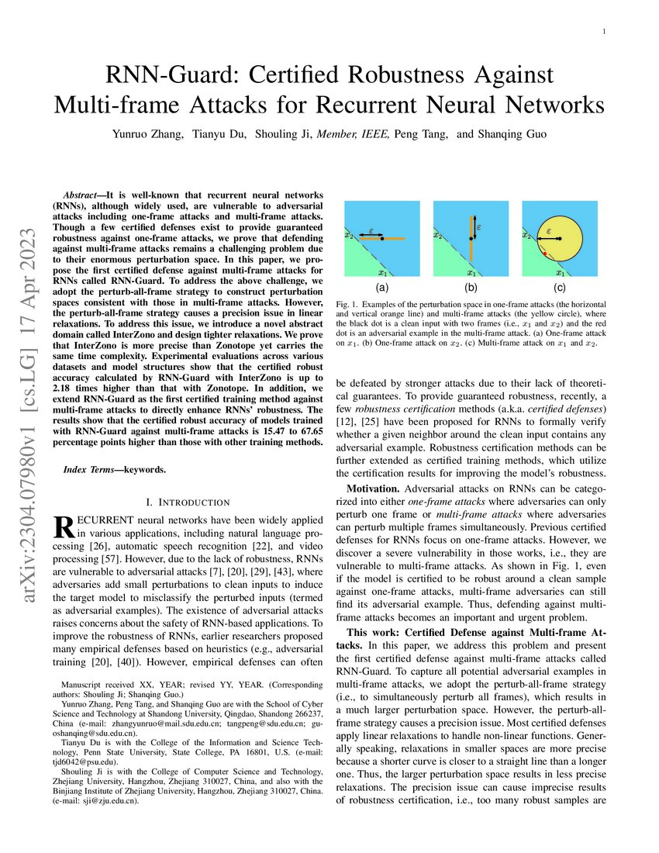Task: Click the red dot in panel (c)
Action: point(546,254)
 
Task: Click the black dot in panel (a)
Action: point(382,238)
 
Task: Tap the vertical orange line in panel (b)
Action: point(471,232)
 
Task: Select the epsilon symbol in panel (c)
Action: point(549,230)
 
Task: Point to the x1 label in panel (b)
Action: point(470,272)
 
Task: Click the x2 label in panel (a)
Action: point(349,233)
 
